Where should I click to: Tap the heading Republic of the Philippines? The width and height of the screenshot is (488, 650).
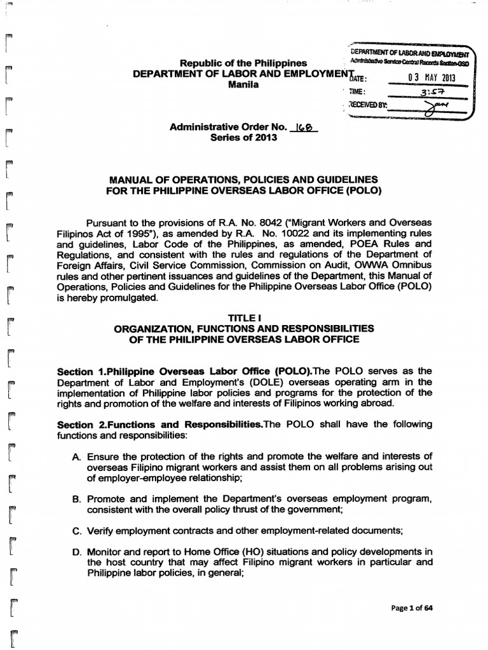click(x=244, y=63)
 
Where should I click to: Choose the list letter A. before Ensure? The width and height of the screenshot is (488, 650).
click(x=78, y=455)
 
